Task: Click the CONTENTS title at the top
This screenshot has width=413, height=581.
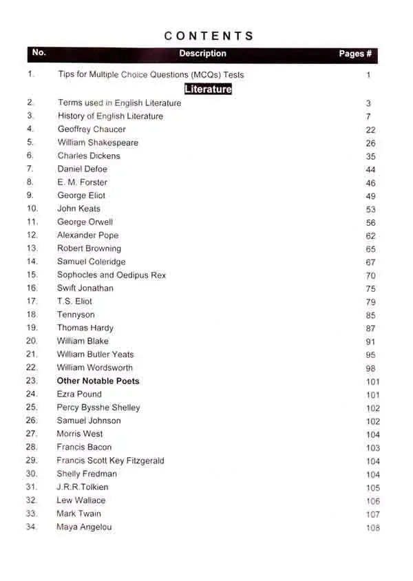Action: pos(209,36)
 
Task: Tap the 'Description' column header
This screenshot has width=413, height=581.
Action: pos(202,54)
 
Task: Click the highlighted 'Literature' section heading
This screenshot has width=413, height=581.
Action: pos(208,89)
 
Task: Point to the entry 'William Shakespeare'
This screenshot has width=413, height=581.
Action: pos(98,142)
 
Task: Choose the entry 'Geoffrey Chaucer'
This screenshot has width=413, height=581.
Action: pos(92,129)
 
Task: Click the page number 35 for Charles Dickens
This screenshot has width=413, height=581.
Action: pos(371,156)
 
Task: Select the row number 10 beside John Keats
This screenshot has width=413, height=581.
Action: pos(32,209)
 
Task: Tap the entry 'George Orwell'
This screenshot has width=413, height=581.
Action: pos(85,222)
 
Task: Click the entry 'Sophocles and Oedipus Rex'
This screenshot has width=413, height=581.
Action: pos(112,275)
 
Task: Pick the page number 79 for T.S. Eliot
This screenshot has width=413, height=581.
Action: pos(371,302)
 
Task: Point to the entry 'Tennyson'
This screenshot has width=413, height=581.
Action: pos(76,315)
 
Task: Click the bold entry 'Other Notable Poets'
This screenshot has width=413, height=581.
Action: pos(98,381)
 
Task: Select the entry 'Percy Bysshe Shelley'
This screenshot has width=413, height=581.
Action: pos(98,408)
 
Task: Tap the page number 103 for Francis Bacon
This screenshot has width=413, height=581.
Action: pos(373,448)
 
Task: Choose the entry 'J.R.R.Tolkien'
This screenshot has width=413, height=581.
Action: pos(83,487)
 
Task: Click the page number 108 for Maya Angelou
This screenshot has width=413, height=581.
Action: pos(373,528)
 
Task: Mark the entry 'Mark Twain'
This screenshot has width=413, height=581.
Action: pos(79,514)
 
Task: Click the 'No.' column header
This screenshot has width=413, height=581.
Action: pos(39,53)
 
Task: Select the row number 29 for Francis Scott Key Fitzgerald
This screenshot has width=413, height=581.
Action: pos(32,461)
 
